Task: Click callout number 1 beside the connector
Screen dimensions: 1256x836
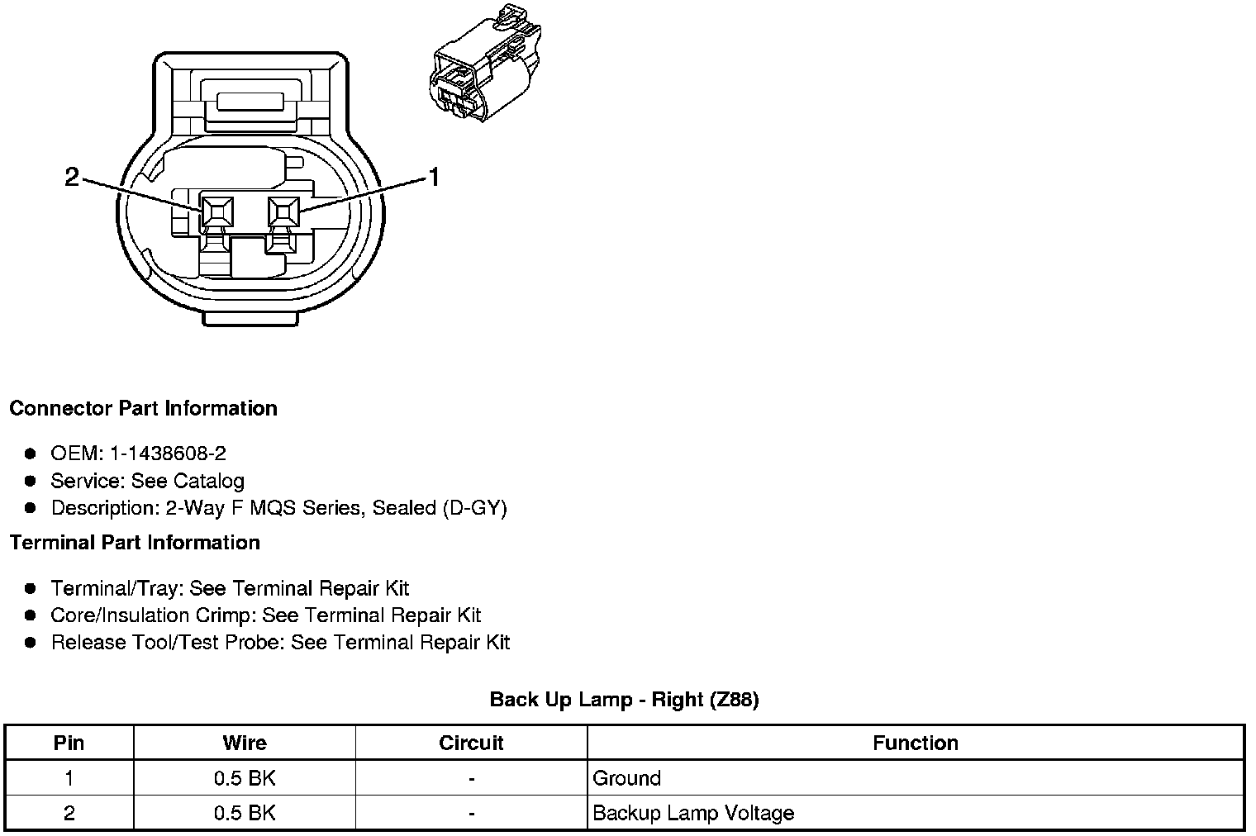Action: [432, 178]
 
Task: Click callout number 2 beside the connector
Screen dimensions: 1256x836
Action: [72, 178]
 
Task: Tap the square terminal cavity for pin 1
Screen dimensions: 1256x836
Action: [283, 212]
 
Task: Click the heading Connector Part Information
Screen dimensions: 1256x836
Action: [143, 409]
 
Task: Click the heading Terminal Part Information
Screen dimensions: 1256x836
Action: [135, 543]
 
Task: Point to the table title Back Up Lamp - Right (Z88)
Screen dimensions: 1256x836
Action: [624, 700]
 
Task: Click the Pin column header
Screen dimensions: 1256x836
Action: [69, 743]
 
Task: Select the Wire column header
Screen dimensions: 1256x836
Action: [245, 743]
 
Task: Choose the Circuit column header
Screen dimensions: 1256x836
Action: [471, 743]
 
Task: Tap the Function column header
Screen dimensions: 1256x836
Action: [915, 743]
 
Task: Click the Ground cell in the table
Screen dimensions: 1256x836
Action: [627, 778]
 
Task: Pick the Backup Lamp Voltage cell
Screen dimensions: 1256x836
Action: [693, 814]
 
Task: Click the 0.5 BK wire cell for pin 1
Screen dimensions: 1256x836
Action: [245, 778]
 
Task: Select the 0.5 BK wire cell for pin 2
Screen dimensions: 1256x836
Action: [245, 814]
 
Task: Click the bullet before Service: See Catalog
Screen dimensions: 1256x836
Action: [31, 481]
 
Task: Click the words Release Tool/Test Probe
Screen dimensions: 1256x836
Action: [168, 643]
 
